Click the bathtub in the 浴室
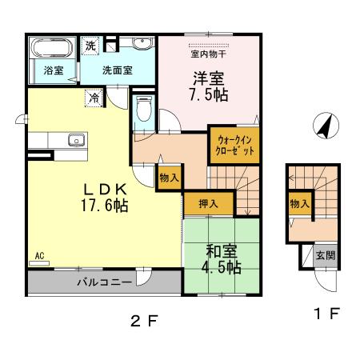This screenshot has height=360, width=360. tap(45, 48)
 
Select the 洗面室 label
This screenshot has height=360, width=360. tap(117, 70)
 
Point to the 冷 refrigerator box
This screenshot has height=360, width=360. tap(95, 99)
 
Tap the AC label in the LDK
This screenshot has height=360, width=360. tap(39, 256)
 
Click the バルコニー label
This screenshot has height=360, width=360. tap(99, 282)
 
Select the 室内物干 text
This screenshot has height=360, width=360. tap(208, 54)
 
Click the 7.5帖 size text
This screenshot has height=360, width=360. tap(207, 94)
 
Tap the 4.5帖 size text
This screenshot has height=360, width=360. tap(220, 266)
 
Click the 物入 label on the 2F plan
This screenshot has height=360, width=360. tap(169, 177)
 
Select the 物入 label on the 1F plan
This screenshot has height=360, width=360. tap(300, 204)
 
